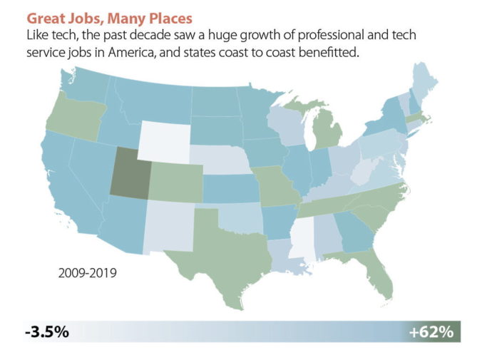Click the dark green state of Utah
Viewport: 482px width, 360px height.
pos(130,173)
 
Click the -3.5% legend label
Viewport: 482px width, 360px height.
pos(46,331)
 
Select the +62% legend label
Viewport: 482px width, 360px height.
pos(431,331)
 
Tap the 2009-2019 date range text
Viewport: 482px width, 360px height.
pos(88,272)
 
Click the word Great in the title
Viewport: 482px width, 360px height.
pos(46,14)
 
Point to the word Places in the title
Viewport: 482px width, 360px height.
pos(158,14)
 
